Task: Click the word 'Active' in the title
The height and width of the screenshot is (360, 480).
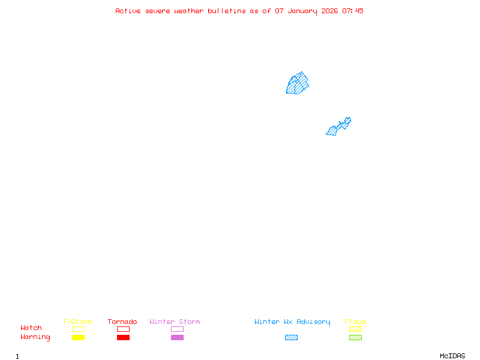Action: pyautogui.click(x=128, y=11)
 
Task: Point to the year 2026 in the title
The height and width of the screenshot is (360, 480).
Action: pyautogui.click(x=330, y=11)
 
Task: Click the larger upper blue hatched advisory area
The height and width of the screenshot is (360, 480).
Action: pyautogui.click(x=298, y=84)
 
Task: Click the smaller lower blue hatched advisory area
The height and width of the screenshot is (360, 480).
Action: pyautogui.click(x=338, y=127)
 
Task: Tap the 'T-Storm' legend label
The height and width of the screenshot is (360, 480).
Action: pyautogui.click(x=77, y=322)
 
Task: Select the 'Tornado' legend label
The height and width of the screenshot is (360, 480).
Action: pyautogui.click(x=122, y=322)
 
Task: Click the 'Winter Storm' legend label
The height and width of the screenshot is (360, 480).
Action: pyautogui.click(x=175, y=322)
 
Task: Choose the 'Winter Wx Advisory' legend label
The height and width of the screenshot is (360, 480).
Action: pyautogui.click(x=292, y=322)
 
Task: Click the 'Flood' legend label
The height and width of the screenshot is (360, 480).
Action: pyautogui.click(x=355, y=322)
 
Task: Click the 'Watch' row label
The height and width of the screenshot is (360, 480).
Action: pyautogui.click(x=31, y=328)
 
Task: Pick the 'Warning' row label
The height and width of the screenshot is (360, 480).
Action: pyautogui.click(x=35, y=337)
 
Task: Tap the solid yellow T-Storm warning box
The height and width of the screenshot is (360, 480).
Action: pyautogui.click(x=78, y=337)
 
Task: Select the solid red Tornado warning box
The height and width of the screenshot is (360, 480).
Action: pyautogui.click(x=123, y=337)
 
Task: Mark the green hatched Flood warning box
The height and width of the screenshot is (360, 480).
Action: pyautogui.click(x=355, y=337)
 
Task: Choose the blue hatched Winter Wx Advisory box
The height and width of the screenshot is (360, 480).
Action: pyautogui.click(x=291, y=337)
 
